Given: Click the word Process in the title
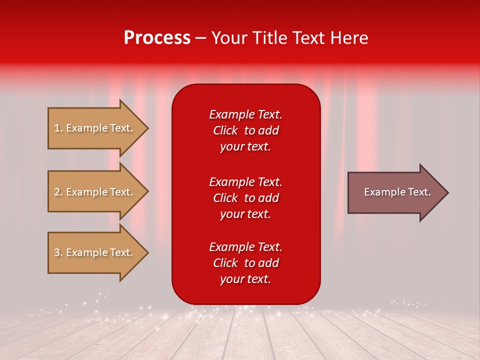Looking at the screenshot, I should [157, 38].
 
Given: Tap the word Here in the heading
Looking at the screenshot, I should [349, 38].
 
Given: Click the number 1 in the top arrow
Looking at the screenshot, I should [56, 128].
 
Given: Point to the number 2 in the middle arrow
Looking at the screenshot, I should [57, 192].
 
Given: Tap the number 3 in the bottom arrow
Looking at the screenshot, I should [57, 252].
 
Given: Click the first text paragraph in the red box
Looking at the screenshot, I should [245, 130].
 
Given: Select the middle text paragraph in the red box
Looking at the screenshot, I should [245, 197].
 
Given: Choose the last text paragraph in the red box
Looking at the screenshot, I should [245, 263].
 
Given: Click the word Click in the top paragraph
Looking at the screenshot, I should [225, 130].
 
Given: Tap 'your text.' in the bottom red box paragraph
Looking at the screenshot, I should [245, 279].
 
